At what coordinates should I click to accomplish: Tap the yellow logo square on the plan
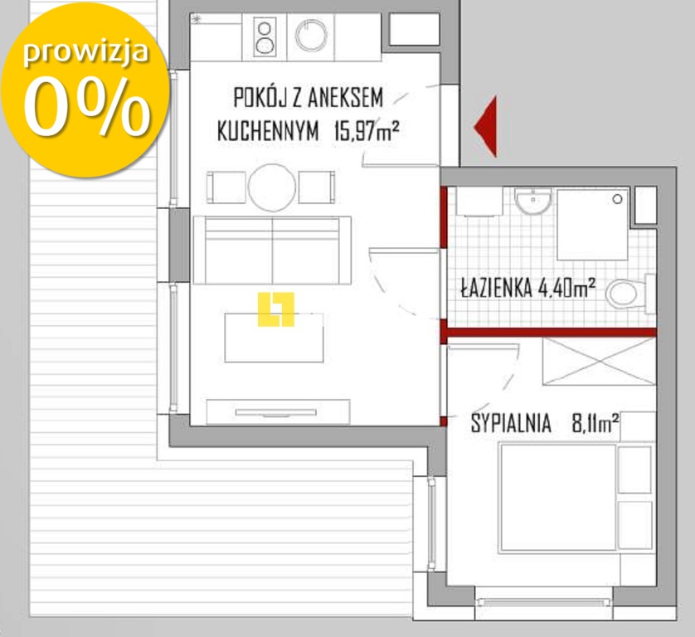pos(276,309)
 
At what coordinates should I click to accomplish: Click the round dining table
pos(272,187)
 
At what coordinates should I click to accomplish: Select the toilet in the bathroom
pos(626,293)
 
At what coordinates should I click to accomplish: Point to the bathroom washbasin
pos(532,199)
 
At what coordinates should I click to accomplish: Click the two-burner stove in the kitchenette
pos(265,37)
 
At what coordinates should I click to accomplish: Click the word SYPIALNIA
pos(511,424)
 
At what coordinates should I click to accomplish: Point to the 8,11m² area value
pos(595,424)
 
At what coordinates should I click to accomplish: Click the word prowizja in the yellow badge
pos(85,51)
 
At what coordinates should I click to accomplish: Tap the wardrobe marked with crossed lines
pos(598,361)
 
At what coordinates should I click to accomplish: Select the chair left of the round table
pos(226,187)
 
